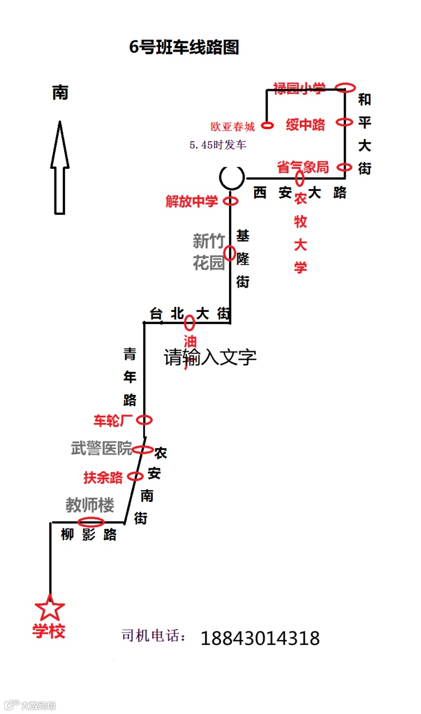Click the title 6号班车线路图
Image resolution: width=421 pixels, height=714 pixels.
[184, 48]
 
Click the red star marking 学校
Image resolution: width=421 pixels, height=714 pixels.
[50, 608]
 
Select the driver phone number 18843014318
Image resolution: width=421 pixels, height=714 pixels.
[260, 638]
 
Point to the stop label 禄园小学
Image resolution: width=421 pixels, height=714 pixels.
[299, 88]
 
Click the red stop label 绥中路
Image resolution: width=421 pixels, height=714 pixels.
[305, 125]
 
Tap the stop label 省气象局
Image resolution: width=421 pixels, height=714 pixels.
[303, 167]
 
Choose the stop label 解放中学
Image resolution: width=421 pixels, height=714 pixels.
[191, 201]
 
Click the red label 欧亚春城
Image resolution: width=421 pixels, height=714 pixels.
[232, 127]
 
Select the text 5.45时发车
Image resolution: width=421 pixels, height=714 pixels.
[218, 145]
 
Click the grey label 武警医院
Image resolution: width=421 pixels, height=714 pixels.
[102, 448]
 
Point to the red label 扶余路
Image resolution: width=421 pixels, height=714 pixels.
[103, 477]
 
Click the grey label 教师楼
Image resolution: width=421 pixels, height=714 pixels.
[90, 505]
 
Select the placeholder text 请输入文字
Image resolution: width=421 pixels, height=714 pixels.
[210, 357]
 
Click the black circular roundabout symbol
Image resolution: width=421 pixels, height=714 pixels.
[232, 177]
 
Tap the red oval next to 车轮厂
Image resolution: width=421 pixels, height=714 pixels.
[144, 420]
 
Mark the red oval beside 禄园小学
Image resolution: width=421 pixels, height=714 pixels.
[345, 87]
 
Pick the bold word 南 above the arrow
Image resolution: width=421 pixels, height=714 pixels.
[60, 93]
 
